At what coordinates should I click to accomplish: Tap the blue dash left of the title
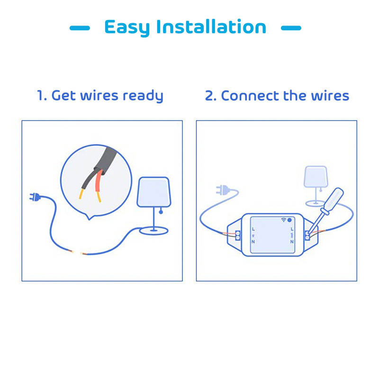[x=80, y=28]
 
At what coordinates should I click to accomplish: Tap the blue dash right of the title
[x=291, y=28]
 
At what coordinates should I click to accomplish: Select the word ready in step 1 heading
[x=143, y=96]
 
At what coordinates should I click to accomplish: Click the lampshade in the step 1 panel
[x=153, y=192]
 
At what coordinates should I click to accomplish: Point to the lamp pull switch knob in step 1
[x=161, y=213]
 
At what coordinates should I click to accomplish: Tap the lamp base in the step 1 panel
[x=153, y=231]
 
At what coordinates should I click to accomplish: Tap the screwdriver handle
[x=334, y=198]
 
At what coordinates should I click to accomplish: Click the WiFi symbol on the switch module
[x=284, y=220]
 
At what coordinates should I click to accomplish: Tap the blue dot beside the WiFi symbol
[x=290, y=220]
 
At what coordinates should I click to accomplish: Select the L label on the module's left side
[x=253, y=229]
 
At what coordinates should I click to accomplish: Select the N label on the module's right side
[x=292, y=242]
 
